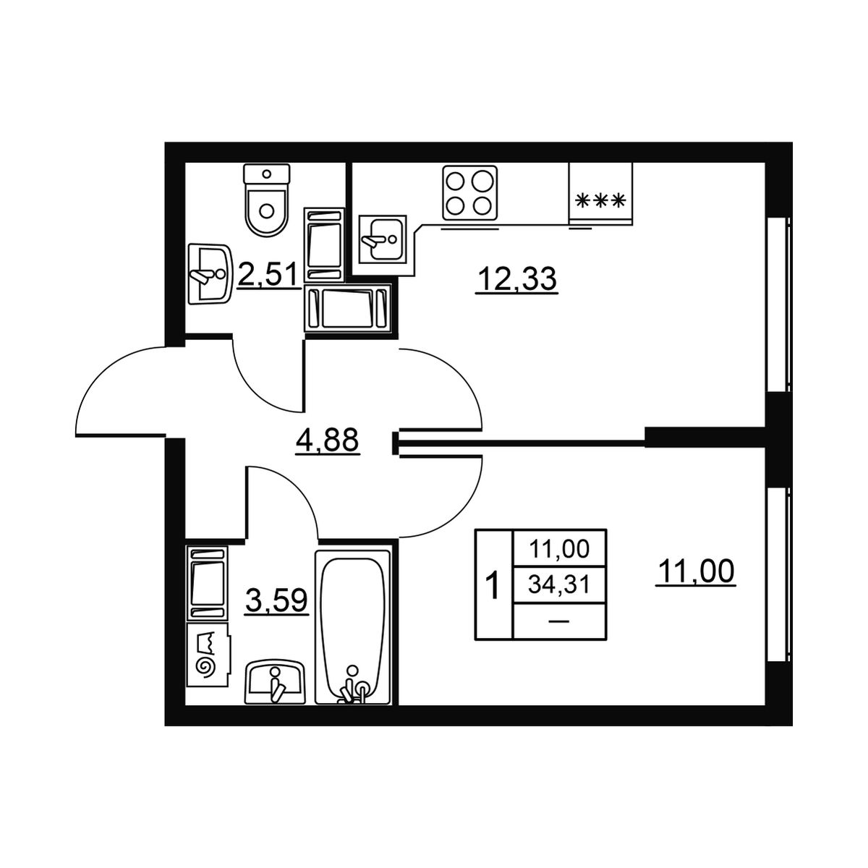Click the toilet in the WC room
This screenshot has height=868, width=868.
coord(266,200)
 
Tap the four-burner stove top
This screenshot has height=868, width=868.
coord(470,193)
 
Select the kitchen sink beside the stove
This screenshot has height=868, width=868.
coord(383,239)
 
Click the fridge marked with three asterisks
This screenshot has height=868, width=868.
coord(601,193)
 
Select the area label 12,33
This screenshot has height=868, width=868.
coord(516,280)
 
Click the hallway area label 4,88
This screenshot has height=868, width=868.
coord(328,440)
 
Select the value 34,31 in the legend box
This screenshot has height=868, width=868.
coord(559,586)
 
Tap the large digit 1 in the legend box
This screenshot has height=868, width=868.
coord(494,584)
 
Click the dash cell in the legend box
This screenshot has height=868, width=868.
coord(559,621)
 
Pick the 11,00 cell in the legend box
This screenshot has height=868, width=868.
coord(559,548)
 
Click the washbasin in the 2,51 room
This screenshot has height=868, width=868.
coord(210,274)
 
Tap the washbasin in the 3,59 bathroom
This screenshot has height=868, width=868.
coord(274,682)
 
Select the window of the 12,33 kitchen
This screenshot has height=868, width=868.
coord(778,305)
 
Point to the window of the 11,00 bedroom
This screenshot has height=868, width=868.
coord(778,574)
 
